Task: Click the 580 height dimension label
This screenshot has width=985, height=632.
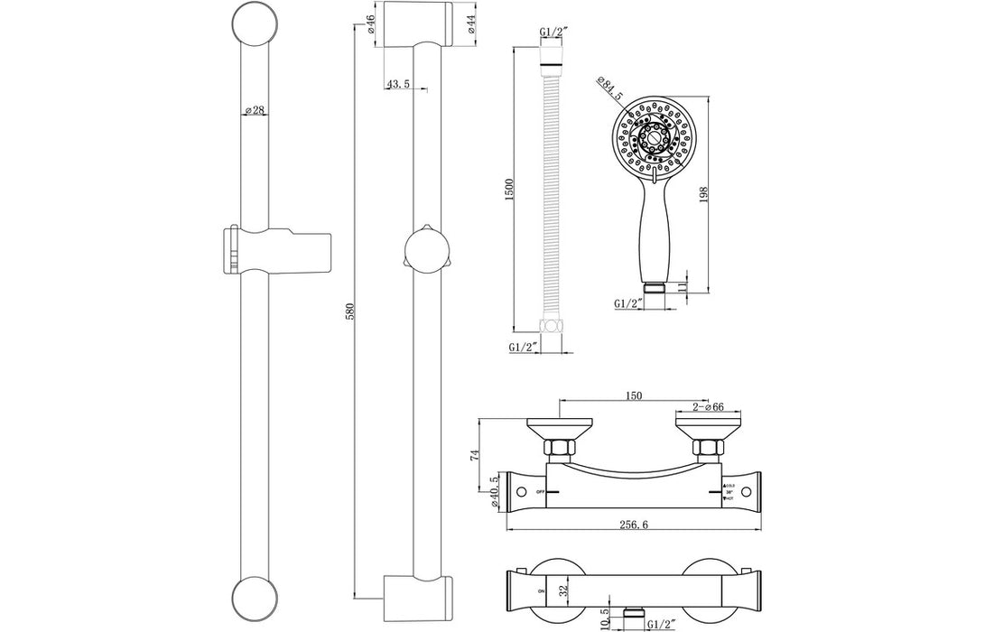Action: pyautogui.click(x=350, y=311)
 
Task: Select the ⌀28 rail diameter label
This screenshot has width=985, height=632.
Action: pyautogui.click(x=254, y=110)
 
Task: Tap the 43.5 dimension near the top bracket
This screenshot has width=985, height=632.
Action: pyautogui.click(x=398, y=84)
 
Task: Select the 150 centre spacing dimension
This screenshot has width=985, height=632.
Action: pyautogui.click(x=633, y=395)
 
